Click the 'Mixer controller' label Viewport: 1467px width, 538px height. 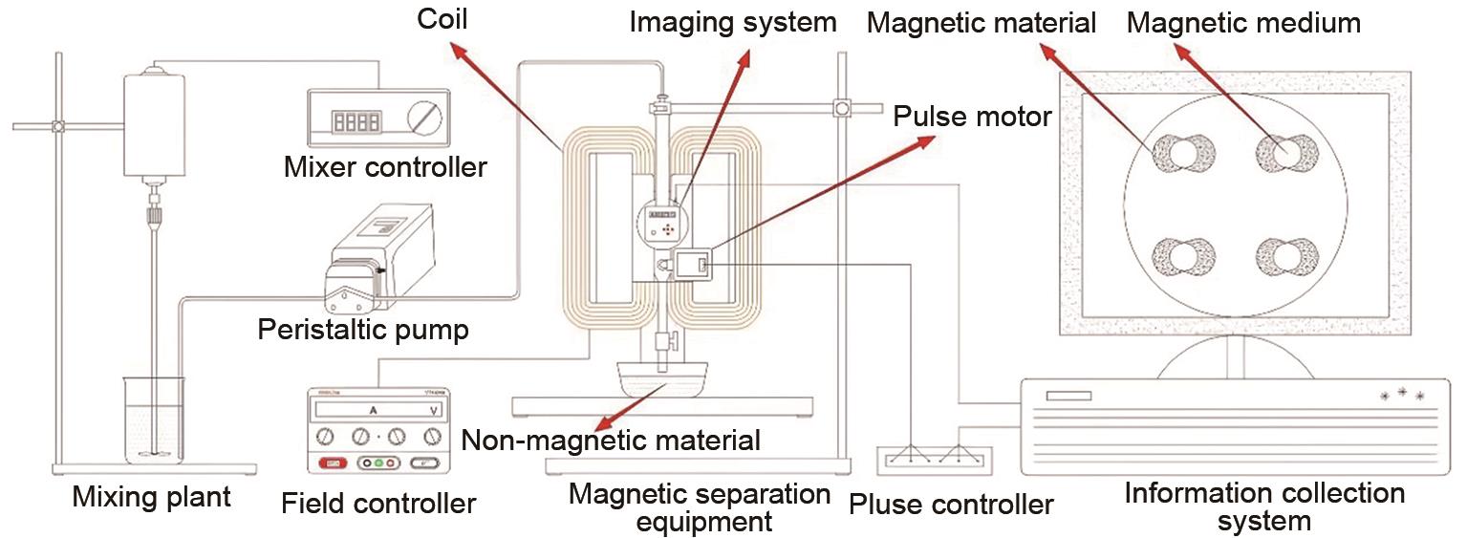[385, 167]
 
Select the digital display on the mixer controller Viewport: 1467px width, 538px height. [356, 120]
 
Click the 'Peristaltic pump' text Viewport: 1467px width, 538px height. [363, 331]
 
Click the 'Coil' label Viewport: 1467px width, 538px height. [442, 18]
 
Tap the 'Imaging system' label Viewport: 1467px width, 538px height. [732, 21]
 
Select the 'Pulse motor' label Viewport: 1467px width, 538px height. [972, 117]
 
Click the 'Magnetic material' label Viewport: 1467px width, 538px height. [981, 23]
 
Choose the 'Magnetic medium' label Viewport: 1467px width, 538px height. [1243, 23]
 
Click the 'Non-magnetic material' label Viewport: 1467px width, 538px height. [611, 441]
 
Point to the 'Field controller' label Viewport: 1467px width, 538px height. [378, 503]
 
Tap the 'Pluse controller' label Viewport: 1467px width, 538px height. [950, 504]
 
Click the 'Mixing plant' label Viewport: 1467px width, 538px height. [152, 498]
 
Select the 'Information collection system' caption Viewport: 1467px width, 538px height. [1264, 507]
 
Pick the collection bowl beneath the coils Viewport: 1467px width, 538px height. [659, 378]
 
